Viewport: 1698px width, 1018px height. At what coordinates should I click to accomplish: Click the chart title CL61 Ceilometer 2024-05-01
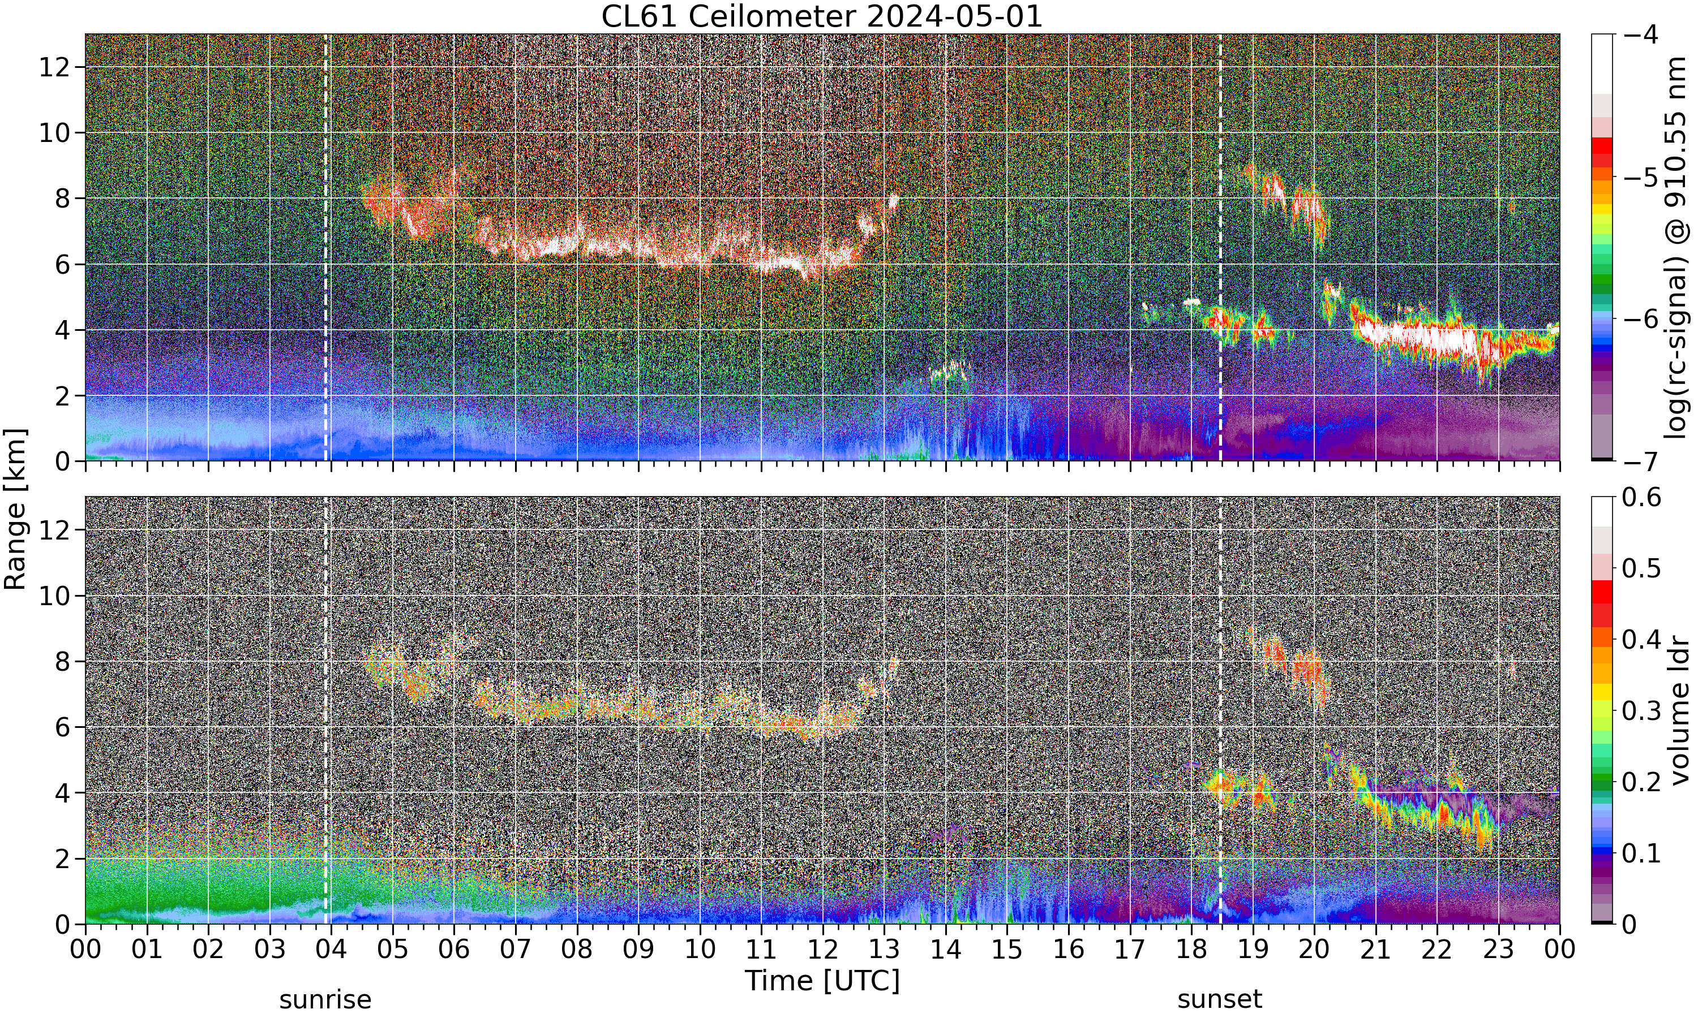(821, 16)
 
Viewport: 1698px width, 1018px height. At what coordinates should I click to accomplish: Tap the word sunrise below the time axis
(325, 999)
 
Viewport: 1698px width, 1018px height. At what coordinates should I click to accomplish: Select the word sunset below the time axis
(1220, 999)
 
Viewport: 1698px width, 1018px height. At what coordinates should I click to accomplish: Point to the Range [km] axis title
(15, 509)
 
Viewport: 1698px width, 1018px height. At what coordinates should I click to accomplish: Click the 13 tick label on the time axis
(884, 950)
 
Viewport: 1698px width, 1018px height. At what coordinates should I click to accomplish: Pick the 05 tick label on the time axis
(393, 950)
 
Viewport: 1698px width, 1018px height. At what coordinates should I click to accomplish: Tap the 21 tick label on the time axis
(1375, 950)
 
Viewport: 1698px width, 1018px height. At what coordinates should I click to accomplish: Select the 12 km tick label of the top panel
(54, 67)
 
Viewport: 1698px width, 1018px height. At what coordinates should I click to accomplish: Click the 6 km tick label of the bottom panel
(62, 727)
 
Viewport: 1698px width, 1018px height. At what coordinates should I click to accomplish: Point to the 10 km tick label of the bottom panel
(54, 596)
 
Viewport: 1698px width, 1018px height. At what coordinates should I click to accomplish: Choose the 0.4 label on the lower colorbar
(1642, 639)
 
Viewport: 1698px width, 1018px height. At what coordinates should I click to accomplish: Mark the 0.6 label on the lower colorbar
(1642, 497)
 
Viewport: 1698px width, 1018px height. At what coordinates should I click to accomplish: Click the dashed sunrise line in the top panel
(325, 247)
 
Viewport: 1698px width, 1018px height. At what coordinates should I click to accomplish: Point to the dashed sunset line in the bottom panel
(1220, 710)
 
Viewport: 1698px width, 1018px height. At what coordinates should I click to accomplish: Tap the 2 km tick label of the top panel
(62, 396)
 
